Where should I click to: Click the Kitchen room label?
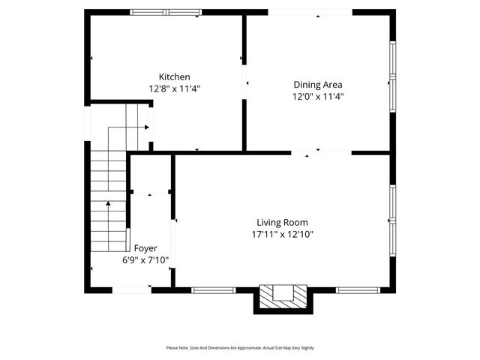coord(174,76)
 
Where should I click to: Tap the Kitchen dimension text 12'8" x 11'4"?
coord(174,88)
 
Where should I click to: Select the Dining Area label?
coord(317,85)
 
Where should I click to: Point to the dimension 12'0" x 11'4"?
coord(317,96)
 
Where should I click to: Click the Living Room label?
coord(282,222)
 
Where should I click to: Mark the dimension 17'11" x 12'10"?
coord(282,234)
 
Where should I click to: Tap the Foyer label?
coord(145,248)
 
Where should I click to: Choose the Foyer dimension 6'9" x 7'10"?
coord(145,260)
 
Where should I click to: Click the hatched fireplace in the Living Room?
coord(283,297)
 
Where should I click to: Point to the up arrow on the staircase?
coord(108,203)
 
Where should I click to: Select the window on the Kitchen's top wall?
coord(166,12)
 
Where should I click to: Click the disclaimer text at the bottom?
coord(240,348)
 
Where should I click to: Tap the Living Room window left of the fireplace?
coord(214,289)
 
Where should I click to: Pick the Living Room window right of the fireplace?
coord(358,289)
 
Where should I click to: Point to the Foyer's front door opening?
coord(132,289)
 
